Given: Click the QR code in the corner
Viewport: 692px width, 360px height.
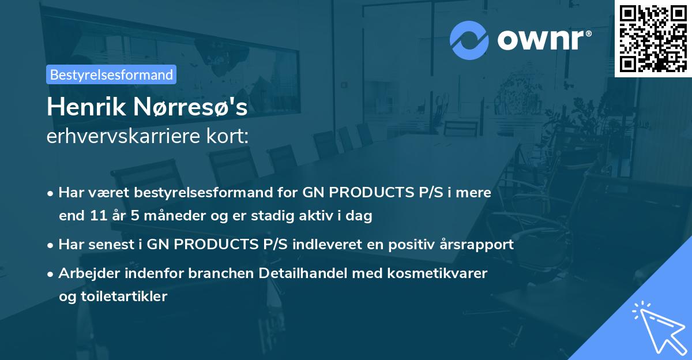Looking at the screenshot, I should pyautogui.click(x=653, y=38).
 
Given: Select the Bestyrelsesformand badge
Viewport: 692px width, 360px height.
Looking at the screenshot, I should pyautogui.click(x=111, y=74).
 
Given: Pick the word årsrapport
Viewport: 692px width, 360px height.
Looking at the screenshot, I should pyautogui.click(x=480, y=245).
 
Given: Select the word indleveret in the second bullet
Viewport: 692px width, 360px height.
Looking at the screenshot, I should pyautogui.click(x=323, y=245).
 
